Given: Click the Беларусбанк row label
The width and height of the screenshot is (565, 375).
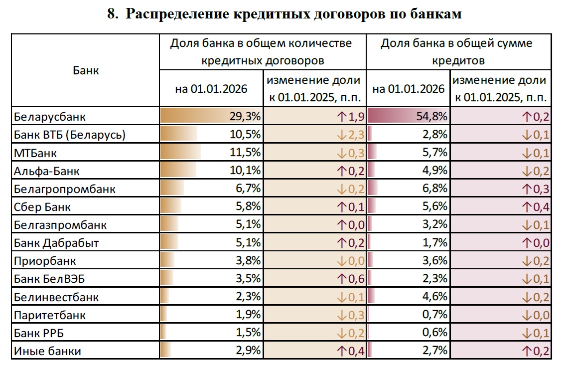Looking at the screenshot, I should [50, 117].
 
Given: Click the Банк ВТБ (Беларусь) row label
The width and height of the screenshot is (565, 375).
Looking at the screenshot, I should [70, 135].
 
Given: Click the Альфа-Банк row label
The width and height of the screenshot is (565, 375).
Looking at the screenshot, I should [47, 171].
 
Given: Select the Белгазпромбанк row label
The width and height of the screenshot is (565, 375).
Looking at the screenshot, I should [60, 225].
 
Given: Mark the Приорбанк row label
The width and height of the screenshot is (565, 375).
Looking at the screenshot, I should [45, 261].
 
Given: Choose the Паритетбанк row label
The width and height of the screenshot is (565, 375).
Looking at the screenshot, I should [50, 315].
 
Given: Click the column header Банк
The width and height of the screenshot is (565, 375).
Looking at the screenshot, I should [86, 70].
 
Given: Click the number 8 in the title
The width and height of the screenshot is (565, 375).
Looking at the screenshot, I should [112, 14].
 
